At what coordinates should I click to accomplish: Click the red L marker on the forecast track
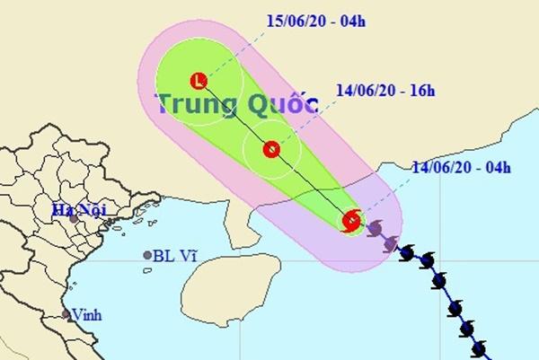pos(199,81)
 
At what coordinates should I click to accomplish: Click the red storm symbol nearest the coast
pos(352,220)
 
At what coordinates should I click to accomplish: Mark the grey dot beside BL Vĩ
pos(146,256)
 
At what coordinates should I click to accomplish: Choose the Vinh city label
pos(87,314)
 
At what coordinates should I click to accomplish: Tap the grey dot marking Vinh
pos(66,314)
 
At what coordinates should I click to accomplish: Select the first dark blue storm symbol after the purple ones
pos(408,254)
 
